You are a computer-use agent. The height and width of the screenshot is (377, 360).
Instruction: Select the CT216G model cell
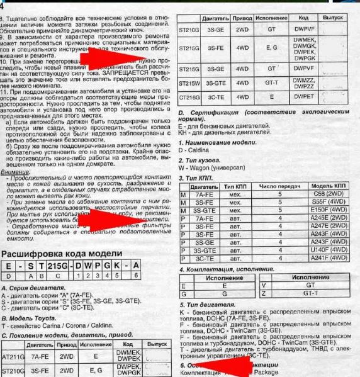click(190, 98)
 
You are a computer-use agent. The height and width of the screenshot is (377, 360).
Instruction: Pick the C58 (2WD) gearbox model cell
click(329, 194)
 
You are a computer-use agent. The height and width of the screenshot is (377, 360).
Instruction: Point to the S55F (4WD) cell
click(329, 203)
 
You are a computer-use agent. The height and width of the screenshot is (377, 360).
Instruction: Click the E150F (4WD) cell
click(329, 211)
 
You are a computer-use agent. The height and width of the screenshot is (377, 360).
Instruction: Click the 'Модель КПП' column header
click(329, 187)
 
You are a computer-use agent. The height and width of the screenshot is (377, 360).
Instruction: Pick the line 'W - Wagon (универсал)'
click(213, 168)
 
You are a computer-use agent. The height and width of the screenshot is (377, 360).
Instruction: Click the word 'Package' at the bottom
click(266, 372)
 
